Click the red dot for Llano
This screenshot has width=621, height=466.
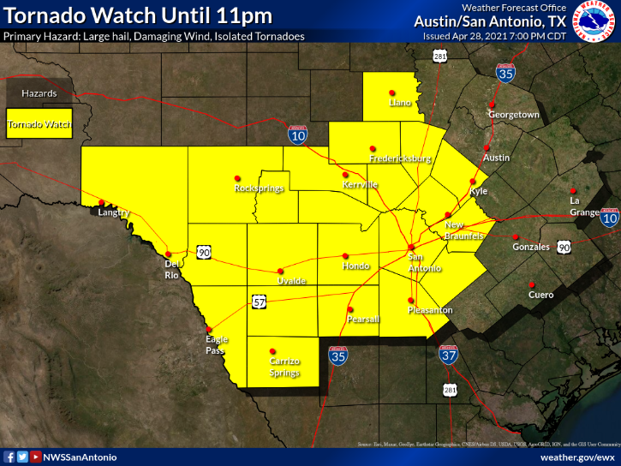392,93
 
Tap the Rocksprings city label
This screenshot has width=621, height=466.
259,188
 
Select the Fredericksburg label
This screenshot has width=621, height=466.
400,159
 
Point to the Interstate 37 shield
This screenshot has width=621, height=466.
447,354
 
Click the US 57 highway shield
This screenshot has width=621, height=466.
260,302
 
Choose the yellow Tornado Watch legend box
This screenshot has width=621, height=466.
39,124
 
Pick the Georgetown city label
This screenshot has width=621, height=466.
514,115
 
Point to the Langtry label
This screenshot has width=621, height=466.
113,212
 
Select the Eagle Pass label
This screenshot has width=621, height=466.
217,345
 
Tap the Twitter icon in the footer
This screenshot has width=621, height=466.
22,457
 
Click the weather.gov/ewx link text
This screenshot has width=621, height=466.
577,457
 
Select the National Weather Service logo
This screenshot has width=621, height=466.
594,23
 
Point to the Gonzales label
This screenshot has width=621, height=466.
531,247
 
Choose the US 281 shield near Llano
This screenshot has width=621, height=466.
440,57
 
